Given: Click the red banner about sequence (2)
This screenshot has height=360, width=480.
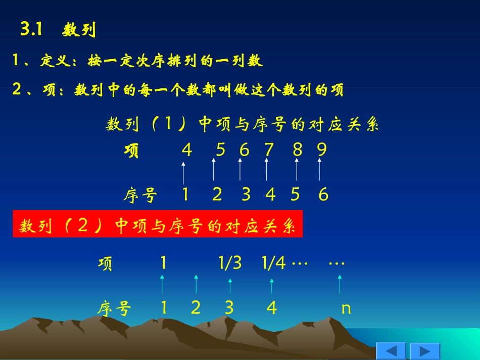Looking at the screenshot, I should (x=158, y=224).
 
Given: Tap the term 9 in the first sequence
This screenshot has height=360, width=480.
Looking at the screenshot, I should (x=322, y=150).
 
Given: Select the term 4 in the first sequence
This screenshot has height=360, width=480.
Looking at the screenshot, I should (x=187, y=150).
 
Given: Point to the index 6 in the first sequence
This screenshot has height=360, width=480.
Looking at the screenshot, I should (x=323, y=194).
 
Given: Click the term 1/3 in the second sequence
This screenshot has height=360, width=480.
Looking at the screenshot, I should (x=230, y=263).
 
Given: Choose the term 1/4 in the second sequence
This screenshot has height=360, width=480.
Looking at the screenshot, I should (x=274, y=263).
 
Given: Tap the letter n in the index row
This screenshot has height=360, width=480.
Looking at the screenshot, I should (x=346, y=307).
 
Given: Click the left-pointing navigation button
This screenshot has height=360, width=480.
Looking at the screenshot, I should (x=391, y=351).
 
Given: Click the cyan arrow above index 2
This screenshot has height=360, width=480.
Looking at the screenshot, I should (x=196, y=284).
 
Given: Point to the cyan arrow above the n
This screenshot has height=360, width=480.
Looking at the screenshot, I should (x=340, y=284).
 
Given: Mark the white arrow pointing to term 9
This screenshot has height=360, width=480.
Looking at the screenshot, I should (x=319, y=170).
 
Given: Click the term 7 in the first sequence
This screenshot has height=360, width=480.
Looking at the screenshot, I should (x=269, y=150).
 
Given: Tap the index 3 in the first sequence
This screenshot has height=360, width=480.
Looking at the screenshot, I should (x=246, y=194).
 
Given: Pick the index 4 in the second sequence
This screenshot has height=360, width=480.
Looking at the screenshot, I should (x=272, y=307).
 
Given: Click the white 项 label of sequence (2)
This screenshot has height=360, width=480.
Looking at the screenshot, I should (x=106, y=264).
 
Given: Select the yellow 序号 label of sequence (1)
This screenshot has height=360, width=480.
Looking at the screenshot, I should (x=140, y=195).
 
